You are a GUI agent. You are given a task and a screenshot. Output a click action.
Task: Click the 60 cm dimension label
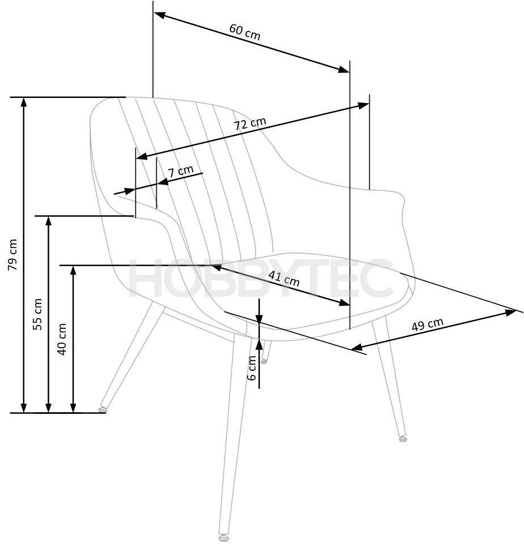pyautogui.click(x=245, y=32)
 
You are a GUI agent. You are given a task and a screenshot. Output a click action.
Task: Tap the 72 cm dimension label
pyautogui.click(x=250, y=123)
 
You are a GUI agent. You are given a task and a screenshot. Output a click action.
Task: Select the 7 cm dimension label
pyautogui.click(x=181, y=171)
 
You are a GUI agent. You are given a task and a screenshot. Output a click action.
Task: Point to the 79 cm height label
pyautogui.click(x=13, y=255)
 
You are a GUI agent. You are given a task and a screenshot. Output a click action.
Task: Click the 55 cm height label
pyautogui.click(x=37, y=314)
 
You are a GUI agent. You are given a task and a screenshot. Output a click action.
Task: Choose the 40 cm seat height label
pyautogui.click(x=62, y=339)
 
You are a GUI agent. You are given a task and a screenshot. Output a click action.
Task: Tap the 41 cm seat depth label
pyautogui.click(x=284, y=279)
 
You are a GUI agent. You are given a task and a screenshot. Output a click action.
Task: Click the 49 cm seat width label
pyautogui.click(x=428, y=324)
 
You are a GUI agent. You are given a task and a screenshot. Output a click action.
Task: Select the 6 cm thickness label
pyautogui.click(x=252, y=367)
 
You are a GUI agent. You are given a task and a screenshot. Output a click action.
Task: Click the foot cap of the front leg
pyautogui.click(x=224, y=537)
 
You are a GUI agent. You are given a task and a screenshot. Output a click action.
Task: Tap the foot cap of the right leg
pyautogui.click(x=402, y=438)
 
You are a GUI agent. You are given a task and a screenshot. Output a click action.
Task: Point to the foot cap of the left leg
pyautogui.click(x=103, y=409)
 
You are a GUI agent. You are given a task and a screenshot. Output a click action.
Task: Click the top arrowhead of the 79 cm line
pyautogui.click(x=24, y=102)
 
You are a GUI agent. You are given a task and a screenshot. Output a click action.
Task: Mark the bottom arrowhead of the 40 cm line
pyautogui.click(x=74, y=408)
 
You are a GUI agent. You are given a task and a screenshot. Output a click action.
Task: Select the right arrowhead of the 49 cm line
pyautogui.click(x=510, y=312)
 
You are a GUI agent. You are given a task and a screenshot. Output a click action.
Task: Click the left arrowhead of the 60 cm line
pyautogui.click(x=160, y=15)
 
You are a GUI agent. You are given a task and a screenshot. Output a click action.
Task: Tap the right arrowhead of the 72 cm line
pyautogui.click(x=363, y=105)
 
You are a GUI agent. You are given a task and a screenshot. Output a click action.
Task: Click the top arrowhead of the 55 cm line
pyautogui.click(x=49, y=221)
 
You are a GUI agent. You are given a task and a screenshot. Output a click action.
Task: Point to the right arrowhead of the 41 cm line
pyautogui.click(x=344, y=302)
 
